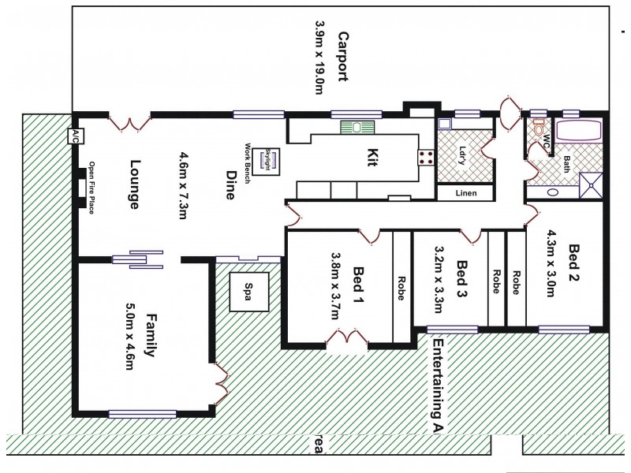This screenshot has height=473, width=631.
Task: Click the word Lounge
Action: pos(134,185)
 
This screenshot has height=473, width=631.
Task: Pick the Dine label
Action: pos(231,185)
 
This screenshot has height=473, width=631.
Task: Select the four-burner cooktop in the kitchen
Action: pos(425,157)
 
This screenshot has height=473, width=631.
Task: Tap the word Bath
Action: pos(566,164)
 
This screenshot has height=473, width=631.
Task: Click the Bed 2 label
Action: pos(575,263)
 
